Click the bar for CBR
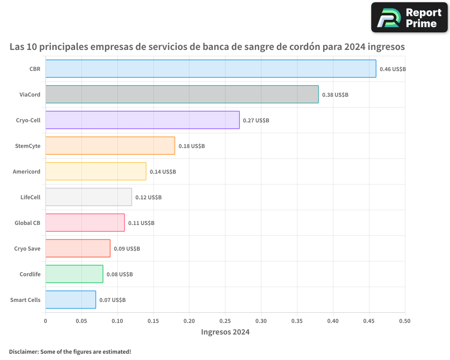pos(211,69)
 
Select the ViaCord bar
pos(182,94)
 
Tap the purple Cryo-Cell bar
pos(142,120)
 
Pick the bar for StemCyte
pos(110,146)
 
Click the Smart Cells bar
pos(71,300)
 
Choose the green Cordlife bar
pos(74,274)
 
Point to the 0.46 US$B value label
pos(392,69)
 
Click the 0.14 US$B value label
pos(162,172)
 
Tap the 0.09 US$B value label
pos(126,249)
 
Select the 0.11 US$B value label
pos(141,223)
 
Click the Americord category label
pos(27,171)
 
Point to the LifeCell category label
pos(30,197)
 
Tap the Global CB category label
pos(27,223)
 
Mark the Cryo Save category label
pos(27,248)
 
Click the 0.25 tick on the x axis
pos(225,321)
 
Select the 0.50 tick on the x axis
pos(405,321)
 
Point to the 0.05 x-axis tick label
pos(81,321)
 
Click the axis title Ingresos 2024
pos(225,332)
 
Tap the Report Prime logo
pos(409,18)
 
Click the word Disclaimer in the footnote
pos(23,351)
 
